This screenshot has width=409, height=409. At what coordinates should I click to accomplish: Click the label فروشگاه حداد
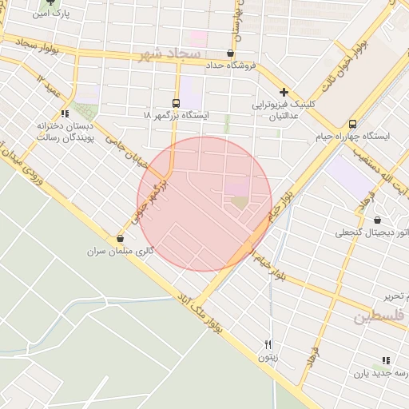230,66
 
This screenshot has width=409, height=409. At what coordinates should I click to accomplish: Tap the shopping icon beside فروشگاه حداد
230,54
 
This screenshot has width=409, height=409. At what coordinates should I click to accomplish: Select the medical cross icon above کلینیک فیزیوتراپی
284,92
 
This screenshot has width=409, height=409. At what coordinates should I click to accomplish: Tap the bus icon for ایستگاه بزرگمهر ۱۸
176,103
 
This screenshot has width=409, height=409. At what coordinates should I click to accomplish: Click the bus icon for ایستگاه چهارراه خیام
352,123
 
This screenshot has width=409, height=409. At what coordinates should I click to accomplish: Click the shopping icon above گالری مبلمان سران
120,238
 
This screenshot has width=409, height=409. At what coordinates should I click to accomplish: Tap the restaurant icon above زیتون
268,345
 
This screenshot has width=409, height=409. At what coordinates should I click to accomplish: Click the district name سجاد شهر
172,54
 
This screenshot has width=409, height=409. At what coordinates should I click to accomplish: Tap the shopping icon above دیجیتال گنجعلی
377,220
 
